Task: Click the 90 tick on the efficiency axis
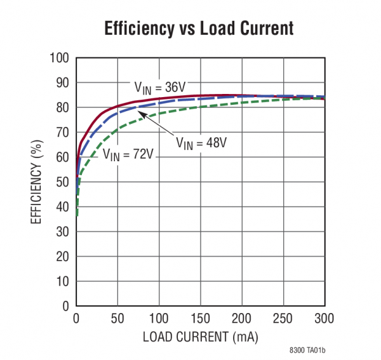62,83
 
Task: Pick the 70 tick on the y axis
62,133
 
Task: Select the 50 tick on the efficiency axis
62,182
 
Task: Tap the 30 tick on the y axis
62,232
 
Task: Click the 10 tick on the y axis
62,281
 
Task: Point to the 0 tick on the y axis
65,306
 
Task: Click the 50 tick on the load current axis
117,317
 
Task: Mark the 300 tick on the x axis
324,317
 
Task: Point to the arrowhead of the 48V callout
141,113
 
